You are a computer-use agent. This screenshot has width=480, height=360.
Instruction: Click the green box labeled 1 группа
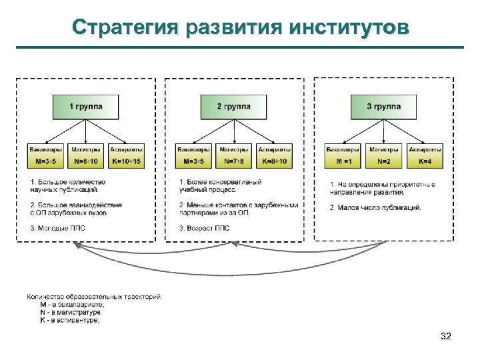click(85, 107)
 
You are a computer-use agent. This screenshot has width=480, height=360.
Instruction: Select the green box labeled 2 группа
click(234, 107)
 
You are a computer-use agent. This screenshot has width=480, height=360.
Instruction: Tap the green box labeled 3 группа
click(384, 107)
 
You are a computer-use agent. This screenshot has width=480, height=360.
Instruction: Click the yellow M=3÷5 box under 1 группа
click(45, 162)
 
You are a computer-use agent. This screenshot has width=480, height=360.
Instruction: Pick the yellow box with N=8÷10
click(85, 162)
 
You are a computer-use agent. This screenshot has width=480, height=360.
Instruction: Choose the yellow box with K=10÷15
click(126, 162)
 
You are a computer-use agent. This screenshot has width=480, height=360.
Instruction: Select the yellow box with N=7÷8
click(234, 162)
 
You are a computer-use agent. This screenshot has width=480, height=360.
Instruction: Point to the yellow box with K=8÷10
click(274, 162)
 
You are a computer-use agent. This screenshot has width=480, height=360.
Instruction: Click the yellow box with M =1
click(343, 162)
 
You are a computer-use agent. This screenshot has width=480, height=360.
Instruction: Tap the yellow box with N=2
click(384, 162)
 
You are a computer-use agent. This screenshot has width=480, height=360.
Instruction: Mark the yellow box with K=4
click(425, 162)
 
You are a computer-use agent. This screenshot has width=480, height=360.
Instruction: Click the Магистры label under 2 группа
click(234, 150)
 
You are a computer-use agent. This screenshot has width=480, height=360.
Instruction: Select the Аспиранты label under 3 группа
click(425, 150)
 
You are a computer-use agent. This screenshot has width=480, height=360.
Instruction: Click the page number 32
click(446, 336)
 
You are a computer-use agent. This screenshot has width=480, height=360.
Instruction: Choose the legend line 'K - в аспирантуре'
click(70, 320)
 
